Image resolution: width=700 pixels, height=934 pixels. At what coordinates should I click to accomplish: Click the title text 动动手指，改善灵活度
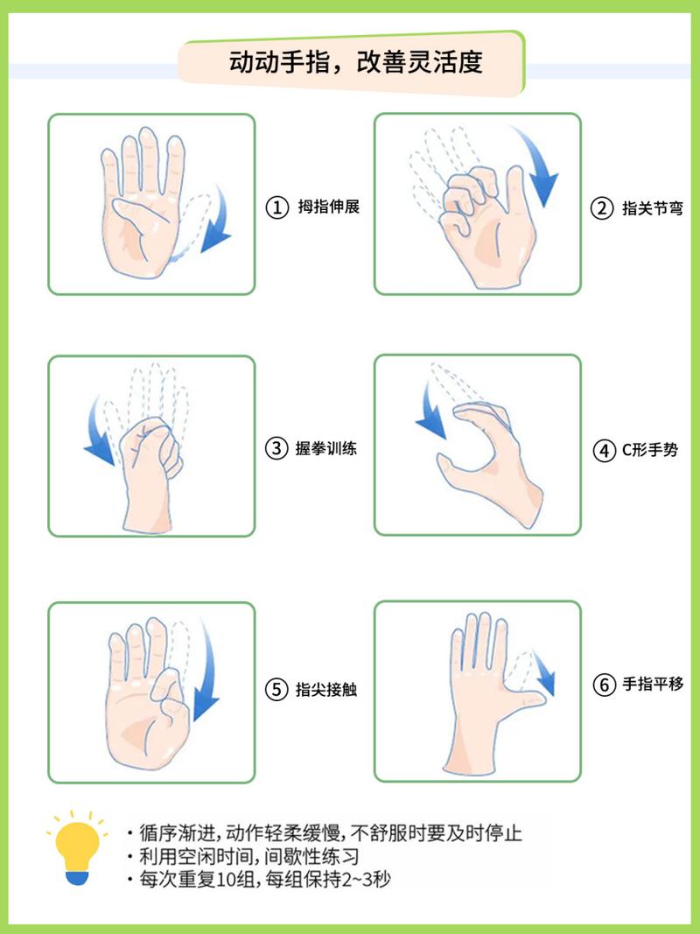pyautogui.click(x=355, y=64)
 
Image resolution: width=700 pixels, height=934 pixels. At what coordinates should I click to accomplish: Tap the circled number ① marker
pyautogui.click(x=276, y=207)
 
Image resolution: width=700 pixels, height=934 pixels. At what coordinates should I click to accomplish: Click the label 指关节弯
pyautogui.click(x=653, y=208)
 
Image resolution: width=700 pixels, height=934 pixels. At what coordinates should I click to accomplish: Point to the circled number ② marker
pyautogui.click(x=603, y=208)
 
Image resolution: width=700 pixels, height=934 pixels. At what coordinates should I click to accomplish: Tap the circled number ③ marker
pyautogui.click(x=276, y=449)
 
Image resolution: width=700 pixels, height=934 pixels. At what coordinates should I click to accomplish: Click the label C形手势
pyautogui.click(x=649, y=451)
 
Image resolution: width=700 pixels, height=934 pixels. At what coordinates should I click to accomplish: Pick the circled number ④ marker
pyautogui.click(x=604, y=451)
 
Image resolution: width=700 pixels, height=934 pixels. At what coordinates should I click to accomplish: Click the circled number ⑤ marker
pyautogui.click(x=276, y=690)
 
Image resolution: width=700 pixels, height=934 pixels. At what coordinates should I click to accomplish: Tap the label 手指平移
pyautogui.click(x=653, y=685)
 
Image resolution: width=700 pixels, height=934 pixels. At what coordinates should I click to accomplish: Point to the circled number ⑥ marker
pyautogui.click(x=604, y=685)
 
